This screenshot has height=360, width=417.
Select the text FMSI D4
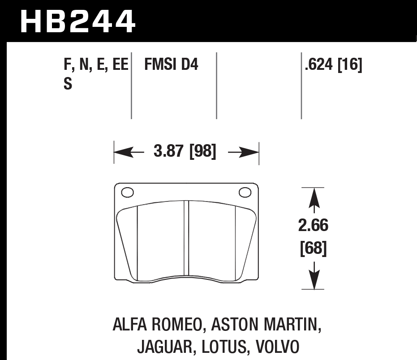coord(171,65)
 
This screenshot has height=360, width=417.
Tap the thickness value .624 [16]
coord(333,65)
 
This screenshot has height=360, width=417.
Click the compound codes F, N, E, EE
coord(96,65)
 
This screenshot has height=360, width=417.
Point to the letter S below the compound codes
coord(68,84)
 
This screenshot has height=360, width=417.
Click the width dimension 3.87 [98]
coord(185,152)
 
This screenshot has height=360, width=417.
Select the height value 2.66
coord(313,226)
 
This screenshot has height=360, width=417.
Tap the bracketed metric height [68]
coord(313,248)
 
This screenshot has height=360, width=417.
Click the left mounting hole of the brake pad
coord(128,193)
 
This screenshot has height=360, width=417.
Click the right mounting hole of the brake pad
coord(245,193)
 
